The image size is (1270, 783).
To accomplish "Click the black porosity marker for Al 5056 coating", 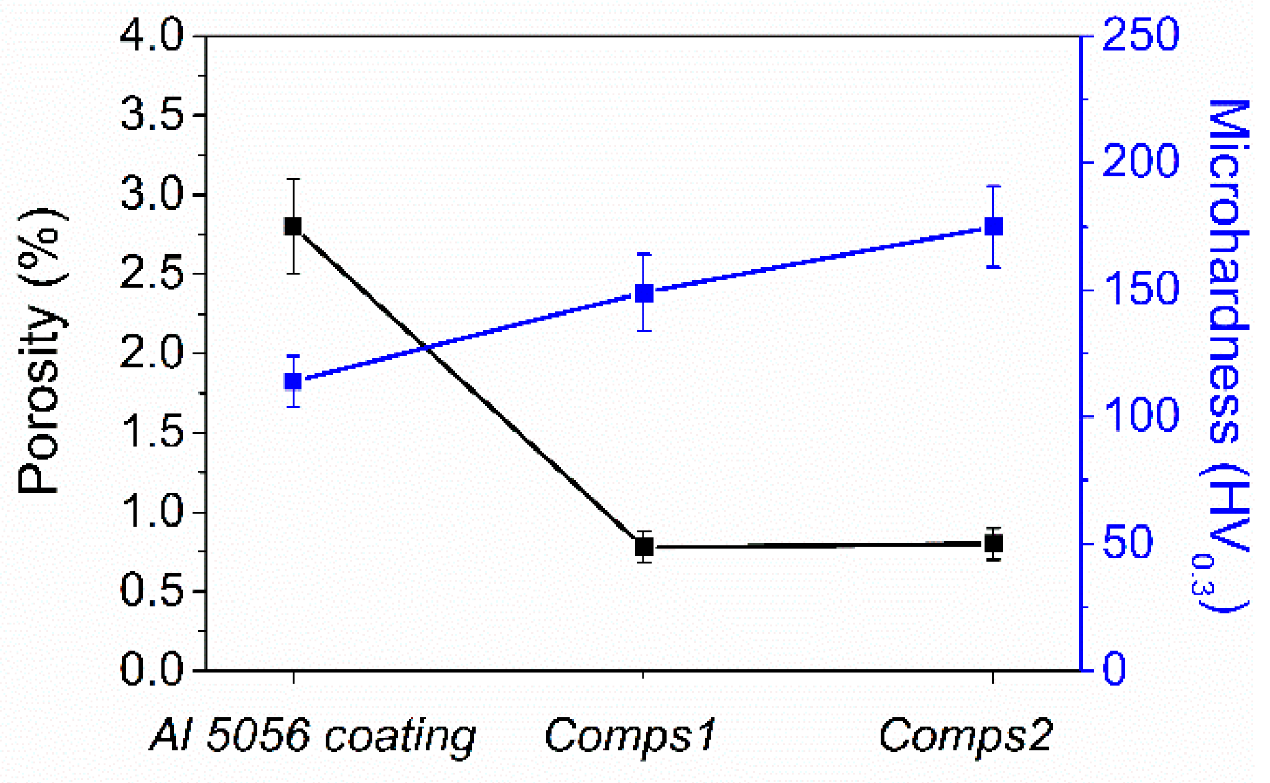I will coord(293,227).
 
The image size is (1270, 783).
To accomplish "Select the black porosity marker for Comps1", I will coord(643,546).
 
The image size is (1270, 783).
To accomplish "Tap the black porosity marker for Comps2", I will coord(994,543).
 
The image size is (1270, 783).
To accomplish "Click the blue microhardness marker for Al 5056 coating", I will coord(293,381).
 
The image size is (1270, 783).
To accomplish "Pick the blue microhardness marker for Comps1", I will coord(643,293).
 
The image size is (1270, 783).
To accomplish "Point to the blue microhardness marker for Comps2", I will coord(994,227).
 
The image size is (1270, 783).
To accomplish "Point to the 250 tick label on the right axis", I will coord(1140,35).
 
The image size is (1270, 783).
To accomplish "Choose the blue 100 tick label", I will coord(1140,417).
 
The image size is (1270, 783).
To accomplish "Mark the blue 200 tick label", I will coord(1140,163).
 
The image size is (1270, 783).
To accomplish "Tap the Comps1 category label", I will coord(630,735).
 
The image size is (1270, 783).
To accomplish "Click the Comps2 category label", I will coord(965,735).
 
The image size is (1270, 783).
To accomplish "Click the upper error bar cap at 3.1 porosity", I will coord(293,179).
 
